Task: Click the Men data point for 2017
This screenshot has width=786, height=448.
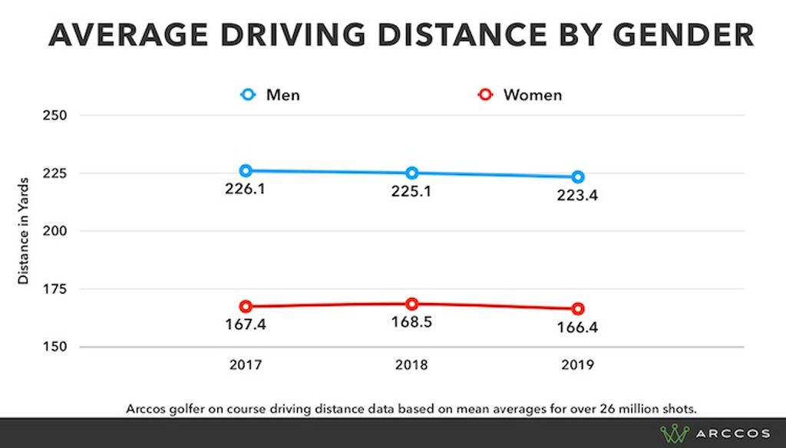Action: (246, 170)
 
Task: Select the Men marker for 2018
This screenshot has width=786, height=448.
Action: (412, 173)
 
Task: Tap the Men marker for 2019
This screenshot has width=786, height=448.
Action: (578, 176)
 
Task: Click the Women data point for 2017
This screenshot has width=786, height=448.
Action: (246, 306)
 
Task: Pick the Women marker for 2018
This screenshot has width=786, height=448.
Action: (412, 304)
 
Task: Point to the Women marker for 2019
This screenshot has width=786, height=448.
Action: (578, 308)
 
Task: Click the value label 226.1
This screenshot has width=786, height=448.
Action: (246, 189)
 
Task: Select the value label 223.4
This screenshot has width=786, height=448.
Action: (578, 195)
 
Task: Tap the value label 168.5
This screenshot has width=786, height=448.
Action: (412, 322)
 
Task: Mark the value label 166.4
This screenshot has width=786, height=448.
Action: (578, 328)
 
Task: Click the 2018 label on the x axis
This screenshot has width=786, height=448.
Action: (412, 365)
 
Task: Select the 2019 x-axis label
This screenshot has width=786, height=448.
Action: (578, 365)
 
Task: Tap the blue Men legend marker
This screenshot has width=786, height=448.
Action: (248, 95)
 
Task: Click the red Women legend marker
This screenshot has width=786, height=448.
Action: (484, 95)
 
